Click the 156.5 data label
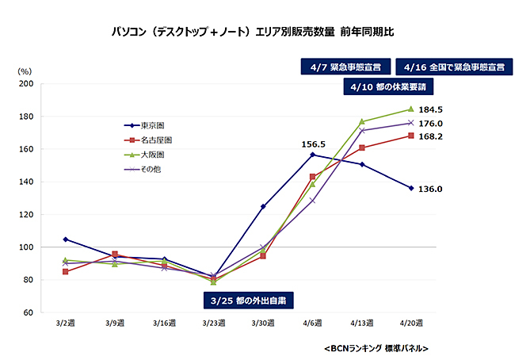click(x=315, y=144)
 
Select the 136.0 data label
click(x=430, y=189)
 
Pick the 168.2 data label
click(x=430, y=136)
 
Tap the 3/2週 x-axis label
click(x=65, y=323)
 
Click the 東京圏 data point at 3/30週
click(x=263, y=206)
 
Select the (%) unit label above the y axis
click(x=25, y=71)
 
